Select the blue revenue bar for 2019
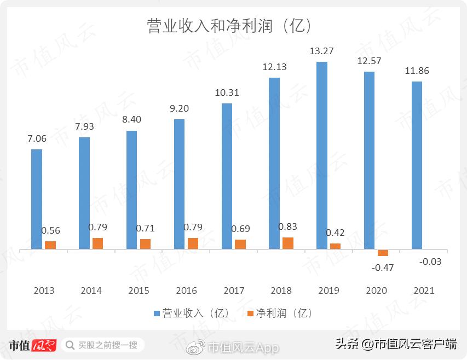pos(322,155)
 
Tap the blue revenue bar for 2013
pos(37,199)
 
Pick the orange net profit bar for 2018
pos(288,243)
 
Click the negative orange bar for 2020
pos(383,253)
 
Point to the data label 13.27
pos(322,51)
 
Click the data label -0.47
pos(383,268)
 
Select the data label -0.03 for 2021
pos(430,262)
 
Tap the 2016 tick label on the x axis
pos(186,291)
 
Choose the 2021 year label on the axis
pos(423,291)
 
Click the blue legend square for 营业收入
pos(157,313)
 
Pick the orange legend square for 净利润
pos(251,313)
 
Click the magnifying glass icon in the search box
pos(71,345)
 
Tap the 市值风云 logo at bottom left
pos(33,345)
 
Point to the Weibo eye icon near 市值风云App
pos(196,347)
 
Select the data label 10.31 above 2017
pos(227,93)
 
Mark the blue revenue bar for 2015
pos(131,190)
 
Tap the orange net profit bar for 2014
pos(97,243)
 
